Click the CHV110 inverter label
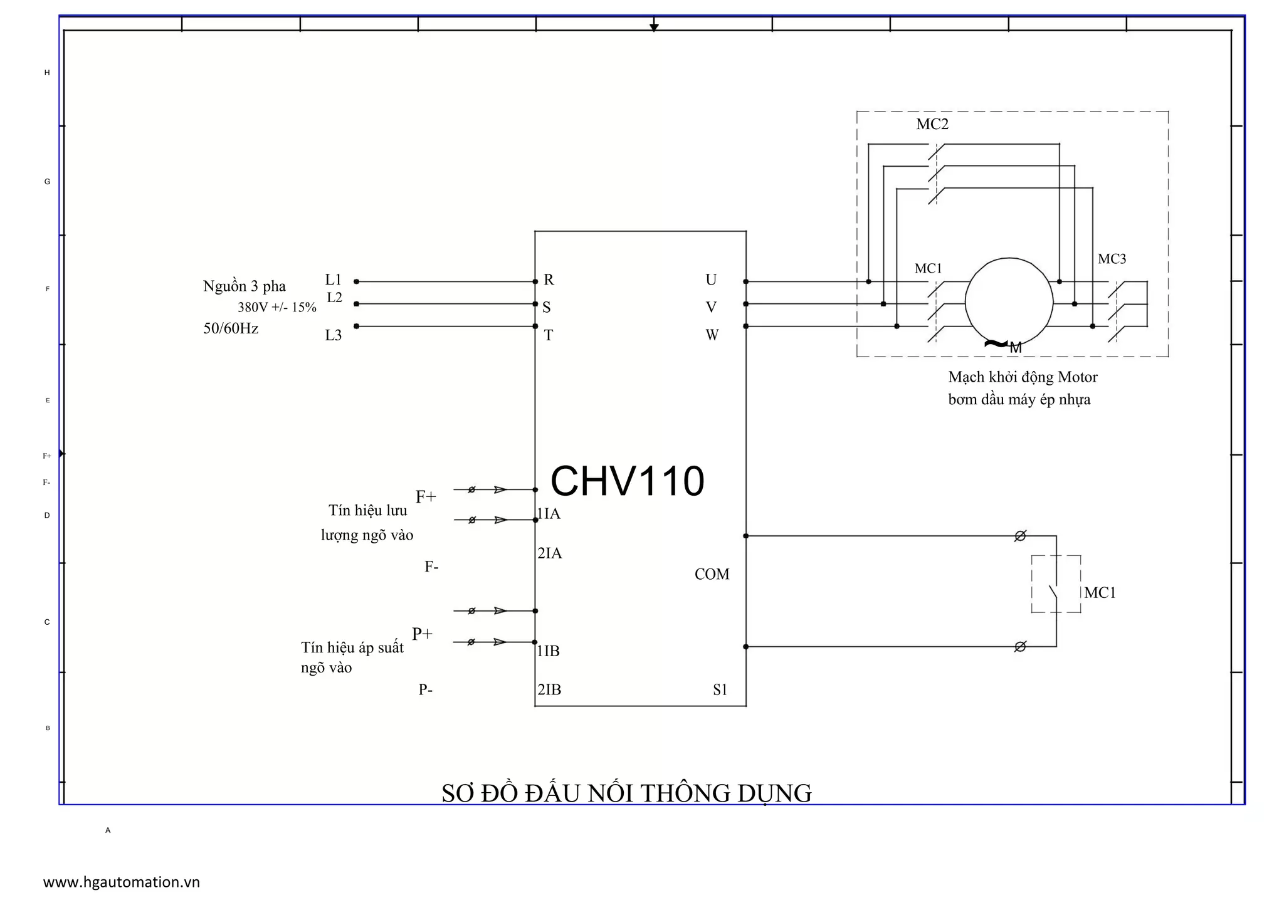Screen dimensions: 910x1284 click(627, 481)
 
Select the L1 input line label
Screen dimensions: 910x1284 click(333, 280)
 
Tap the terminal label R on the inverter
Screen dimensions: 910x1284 click(549, 280)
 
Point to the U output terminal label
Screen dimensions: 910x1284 click(710, 280)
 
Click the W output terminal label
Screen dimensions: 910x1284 click(712, 335)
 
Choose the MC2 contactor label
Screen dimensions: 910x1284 click(932, 124)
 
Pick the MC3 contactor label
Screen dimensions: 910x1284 click(1112, 259)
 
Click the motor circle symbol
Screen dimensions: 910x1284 click(1009, 302)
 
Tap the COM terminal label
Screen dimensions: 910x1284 click(712, 574)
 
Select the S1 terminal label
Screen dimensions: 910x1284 click(720, 689)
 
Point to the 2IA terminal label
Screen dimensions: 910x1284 click(549, 553)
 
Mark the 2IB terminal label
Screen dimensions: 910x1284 click(549, 689)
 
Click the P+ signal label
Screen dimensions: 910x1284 click(422, 634)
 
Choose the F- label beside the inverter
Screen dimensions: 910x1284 click(431, 567)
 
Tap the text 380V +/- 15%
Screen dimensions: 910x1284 click(276, 308)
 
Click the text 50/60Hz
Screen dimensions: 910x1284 click(231, 328)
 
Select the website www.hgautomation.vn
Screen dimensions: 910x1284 click(121, 882)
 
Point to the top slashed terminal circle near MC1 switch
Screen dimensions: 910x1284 click(1020, 536)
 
